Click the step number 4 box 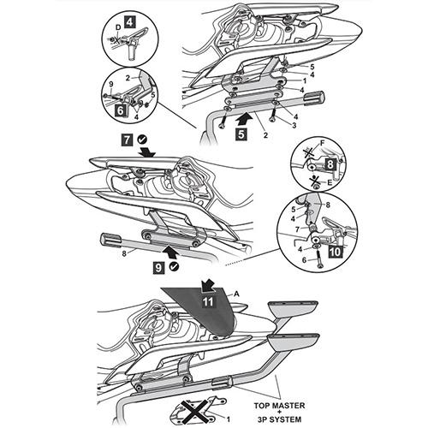[129, 22]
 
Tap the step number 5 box [241, 134]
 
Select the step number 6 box [121, 110]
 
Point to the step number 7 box [127, 140]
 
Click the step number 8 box [330, 165]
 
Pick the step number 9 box [158, 268]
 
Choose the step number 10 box [336, 252]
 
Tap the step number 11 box [208, 301]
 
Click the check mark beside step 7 [142, 140]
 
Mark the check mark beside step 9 [174, 266]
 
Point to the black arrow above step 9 [171, 252]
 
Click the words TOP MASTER [279, 406]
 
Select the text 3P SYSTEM [279, 419]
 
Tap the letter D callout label [118, 27]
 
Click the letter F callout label [323, 143]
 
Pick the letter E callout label [330, 182]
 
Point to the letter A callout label [236, 294]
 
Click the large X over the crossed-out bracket [196, 409]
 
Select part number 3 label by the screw [294, 125]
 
